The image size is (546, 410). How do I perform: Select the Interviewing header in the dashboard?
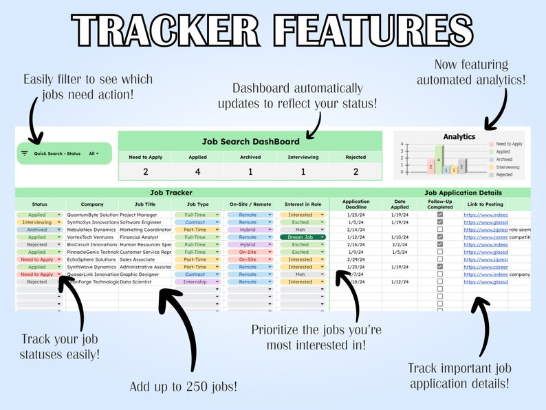303,158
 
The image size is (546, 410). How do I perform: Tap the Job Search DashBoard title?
250,142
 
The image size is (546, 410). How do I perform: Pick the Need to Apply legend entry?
508,144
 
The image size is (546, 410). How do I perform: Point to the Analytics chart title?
459,136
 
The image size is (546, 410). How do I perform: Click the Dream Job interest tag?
300,237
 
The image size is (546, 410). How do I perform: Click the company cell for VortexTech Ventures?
92,237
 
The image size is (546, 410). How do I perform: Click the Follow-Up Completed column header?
440,204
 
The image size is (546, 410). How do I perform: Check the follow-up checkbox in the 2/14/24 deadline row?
440,230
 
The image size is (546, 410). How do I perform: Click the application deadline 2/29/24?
356,259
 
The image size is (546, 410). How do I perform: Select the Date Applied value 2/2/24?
400,244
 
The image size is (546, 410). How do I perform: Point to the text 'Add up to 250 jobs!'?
184,386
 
